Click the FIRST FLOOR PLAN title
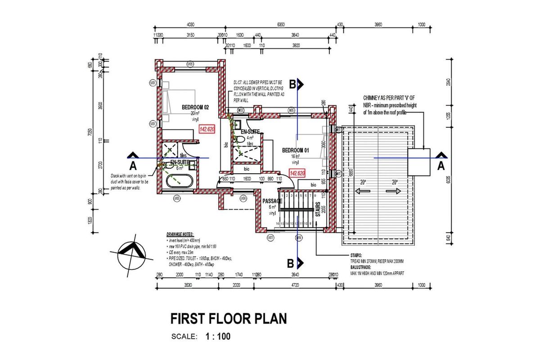[228, 319]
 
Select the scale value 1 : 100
[218, 336]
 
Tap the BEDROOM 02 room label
[195, 108]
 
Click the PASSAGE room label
[272, 201]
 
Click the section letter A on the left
[133, 165]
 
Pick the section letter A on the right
[441, 165]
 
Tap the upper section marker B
[292, 84]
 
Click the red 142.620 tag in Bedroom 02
[207, 129]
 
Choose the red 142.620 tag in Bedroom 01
[297, 173]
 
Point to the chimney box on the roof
[419, 162]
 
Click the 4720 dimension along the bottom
[295, 284]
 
